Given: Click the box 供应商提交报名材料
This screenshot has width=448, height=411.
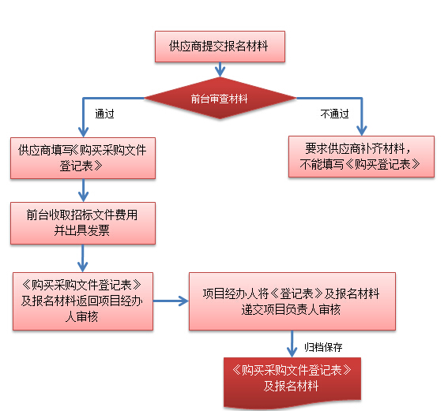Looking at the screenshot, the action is point(220,47).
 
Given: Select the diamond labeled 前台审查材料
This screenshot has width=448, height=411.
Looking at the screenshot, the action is point(220,98).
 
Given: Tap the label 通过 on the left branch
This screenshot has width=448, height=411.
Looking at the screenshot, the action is point(104,114).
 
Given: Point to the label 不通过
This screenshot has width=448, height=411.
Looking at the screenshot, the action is point(334,114).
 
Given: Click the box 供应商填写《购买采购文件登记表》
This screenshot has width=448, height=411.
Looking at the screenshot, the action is point(83,159).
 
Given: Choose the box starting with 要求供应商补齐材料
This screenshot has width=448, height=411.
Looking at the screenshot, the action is point(361,156).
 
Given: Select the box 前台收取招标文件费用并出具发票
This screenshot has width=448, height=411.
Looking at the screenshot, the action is point(83,223).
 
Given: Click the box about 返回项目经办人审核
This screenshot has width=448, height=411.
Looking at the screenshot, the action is point(83,301).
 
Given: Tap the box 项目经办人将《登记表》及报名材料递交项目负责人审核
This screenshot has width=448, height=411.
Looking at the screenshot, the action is point(292,301).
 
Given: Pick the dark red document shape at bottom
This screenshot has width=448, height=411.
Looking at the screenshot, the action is point(292,382).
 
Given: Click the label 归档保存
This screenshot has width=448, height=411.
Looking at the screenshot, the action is point(323,347).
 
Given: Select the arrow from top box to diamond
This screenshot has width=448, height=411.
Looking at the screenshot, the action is point(220,69).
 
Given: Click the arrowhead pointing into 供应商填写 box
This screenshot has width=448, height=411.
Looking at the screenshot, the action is point(83,133).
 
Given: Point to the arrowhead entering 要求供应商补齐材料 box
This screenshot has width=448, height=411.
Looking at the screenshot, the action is point(362,131).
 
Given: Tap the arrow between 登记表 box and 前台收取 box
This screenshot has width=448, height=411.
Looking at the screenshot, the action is point(83,191).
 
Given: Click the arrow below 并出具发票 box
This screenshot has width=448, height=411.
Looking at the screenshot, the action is point(83,259).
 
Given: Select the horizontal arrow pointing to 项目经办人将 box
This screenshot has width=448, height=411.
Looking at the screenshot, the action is point(171,301).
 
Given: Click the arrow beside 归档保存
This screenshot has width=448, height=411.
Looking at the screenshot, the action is point(292,344).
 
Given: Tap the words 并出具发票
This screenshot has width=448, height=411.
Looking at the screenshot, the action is point(82,230).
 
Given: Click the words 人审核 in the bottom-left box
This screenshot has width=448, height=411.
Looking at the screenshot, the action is point(81,317).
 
